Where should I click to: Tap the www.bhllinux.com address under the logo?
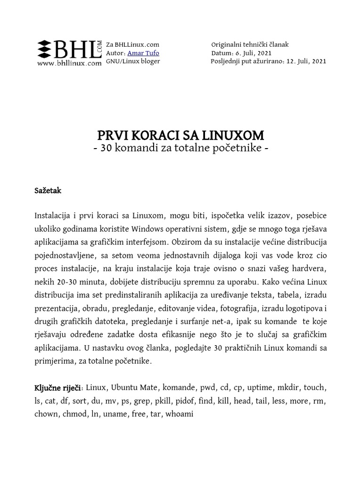click(x=69, y=63)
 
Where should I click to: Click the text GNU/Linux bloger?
click(x=133, y=61)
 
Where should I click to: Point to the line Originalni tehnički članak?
click(x=250, y=44)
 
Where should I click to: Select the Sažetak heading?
click(x=48, y=191)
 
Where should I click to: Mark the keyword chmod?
click(x=71, y=414)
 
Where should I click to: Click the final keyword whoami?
click(x=179, y=414)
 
